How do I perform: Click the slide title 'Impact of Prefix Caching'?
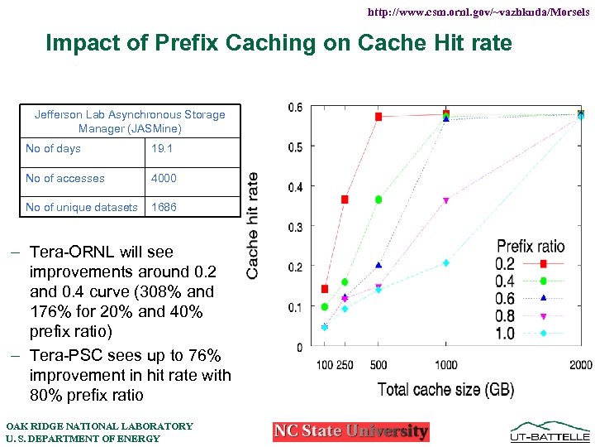pos(279,42)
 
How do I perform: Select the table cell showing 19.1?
pos(163,149)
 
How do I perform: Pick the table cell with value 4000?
pos(164,178)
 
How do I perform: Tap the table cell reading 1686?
pos(164,207)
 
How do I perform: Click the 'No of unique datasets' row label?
pos(82,207)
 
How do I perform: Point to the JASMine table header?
pos(130,121)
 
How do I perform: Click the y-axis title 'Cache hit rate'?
pos(253,224)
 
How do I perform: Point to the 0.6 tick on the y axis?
pos(295,107)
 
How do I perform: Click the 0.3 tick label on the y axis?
pos(295,227)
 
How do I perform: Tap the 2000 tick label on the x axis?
pos(581,365)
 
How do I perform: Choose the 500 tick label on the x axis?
pos(378,365)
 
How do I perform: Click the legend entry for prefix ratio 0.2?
pos(506,264)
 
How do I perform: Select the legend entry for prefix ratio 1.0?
pos(506,334)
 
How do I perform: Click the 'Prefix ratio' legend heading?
pos(531,246)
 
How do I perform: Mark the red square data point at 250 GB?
pos(345,199)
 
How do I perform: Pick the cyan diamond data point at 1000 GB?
pos(445,263)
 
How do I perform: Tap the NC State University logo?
pos(351,431)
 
